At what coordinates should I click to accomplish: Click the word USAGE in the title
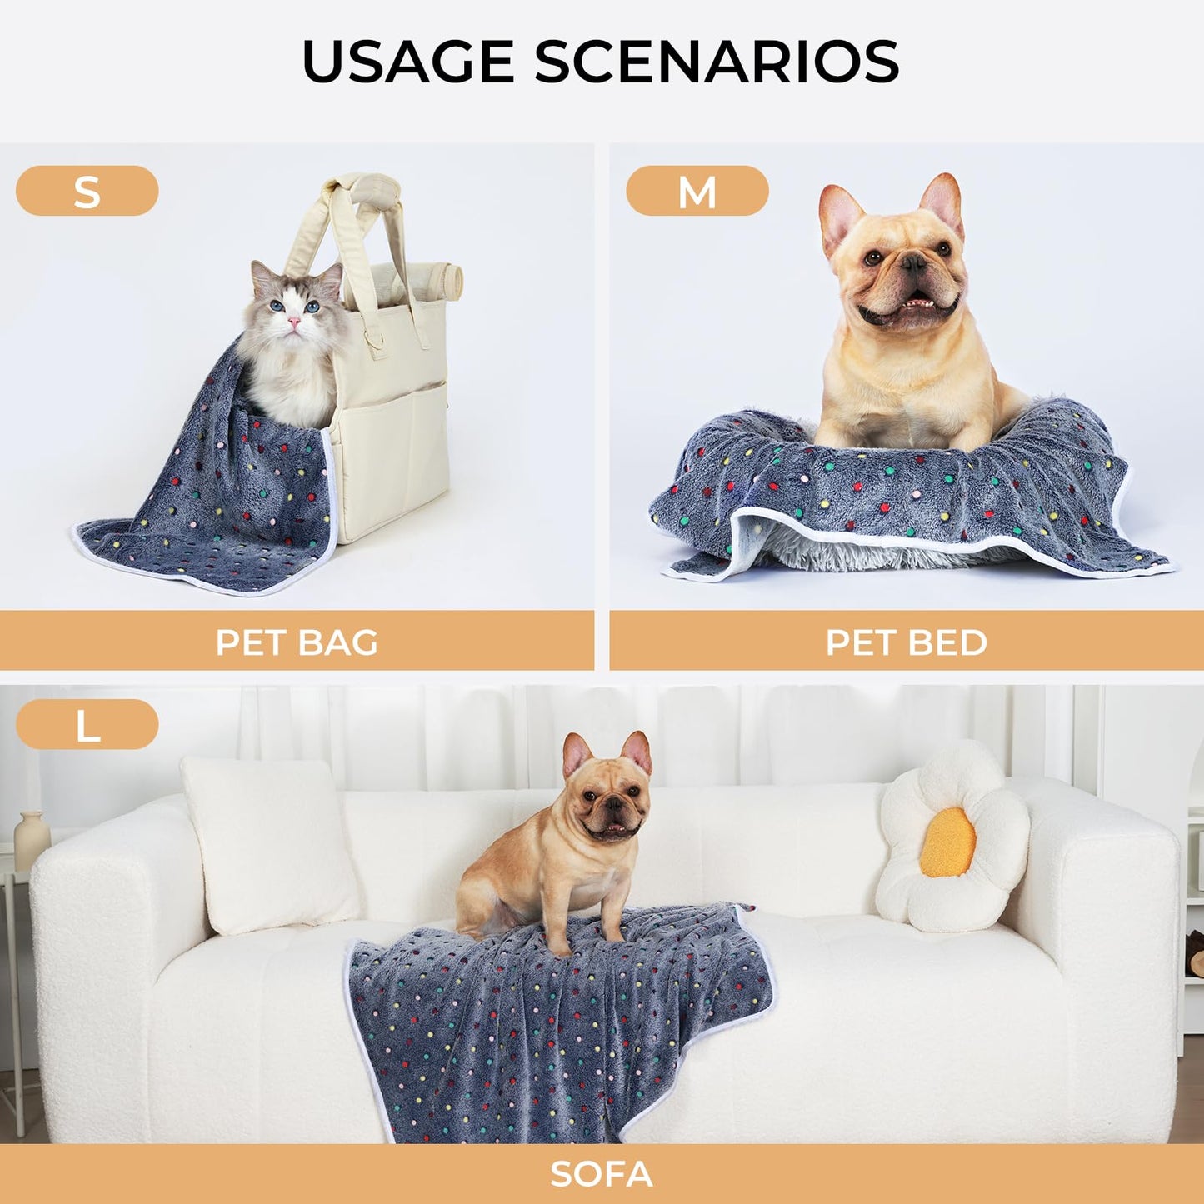pos(407,61)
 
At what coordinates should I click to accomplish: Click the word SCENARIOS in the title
pos(717,61)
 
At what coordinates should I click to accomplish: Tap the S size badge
pos(87,191)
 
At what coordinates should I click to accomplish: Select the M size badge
pos(697,191)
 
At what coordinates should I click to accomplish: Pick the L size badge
pos(87,724)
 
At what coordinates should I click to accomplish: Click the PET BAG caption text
pos(297,642)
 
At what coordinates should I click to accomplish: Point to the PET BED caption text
pos(906,642)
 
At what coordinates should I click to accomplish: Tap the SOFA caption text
pos(601,1173)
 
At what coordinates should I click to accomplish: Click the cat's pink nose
pos(293,321)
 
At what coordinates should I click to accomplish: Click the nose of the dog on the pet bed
pos(914,266)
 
